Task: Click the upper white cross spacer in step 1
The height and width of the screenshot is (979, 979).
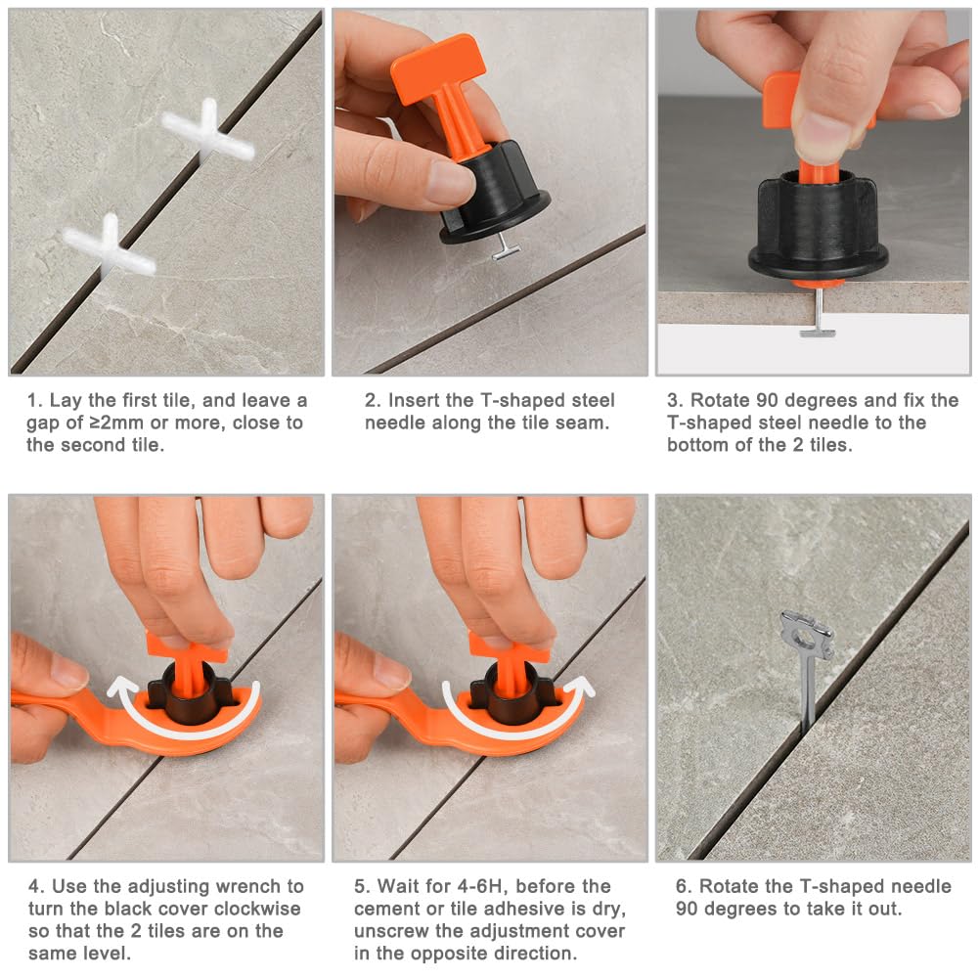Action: tap(208, 132)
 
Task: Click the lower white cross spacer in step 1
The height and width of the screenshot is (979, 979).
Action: tap(110, 246)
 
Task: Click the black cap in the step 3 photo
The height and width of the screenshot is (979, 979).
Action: tap(818, 228)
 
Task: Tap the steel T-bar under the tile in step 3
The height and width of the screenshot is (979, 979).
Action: tap(818, 333)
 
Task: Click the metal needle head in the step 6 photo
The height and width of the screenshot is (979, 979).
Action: tap(807, 635)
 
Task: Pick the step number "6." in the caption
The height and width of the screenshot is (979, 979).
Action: tap(684, 887)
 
